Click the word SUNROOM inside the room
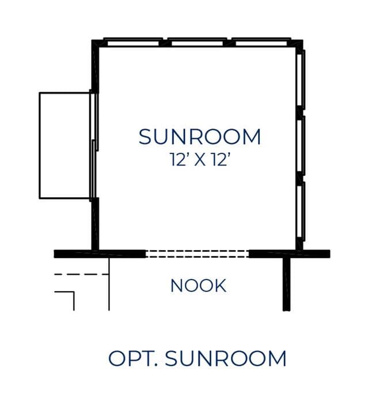[199, 137]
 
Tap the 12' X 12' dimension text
[199, 159]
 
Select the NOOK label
[198, 285]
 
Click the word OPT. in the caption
[133, 358]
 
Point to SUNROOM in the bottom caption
[225, 358]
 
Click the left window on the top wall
[133, 43]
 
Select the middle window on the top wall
[197, 43]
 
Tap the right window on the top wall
[261, 43]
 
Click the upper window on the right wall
[301, 80]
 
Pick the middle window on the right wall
[301, 146]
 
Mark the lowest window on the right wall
[301, 211]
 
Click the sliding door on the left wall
[94, 145]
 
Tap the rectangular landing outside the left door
[65, 145]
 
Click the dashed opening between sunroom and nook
[197, 254]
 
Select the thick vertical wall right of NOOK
[287, 284]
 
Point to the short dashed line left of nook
[81, 274]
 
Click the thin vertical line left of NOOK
[109, 284]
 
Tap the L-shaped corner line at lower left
[74, 292]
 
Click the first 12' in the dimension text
[178, 159]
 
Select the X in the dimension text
[199, 160]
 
